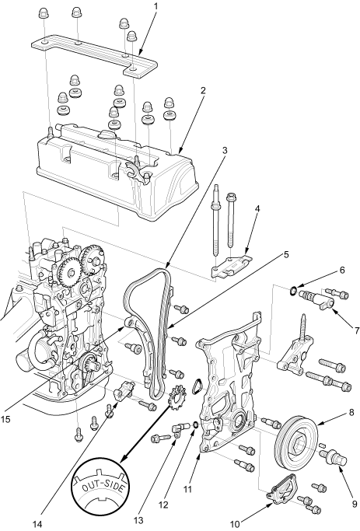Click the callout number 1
click(x=156, y=6)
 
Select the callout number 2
click(x=203, y=90)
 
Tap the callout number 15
click(x=5, y=419)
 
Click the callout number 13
click(x=138, y=520)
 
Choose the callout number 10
click(x=235, y=524)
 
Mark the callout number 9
click(x=355, y=505)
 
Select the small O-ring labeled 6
click(x=294, y=290)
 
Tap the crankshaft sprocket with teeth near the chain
click(x=176, y=400)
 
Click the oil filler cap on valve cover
click(x=107, y=134)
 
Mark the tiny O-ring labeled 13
click(x=195, y=424)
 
